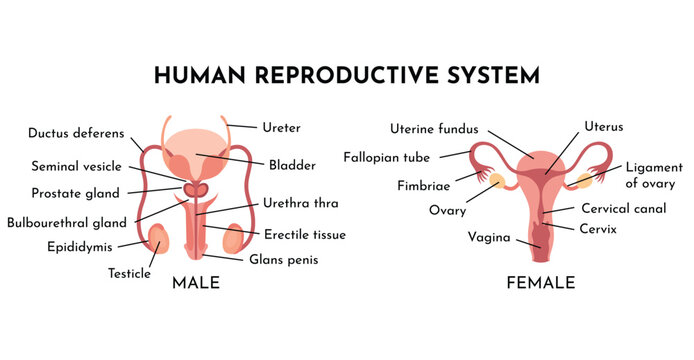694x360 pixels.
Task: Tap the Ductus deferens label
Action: [x=76, y=132]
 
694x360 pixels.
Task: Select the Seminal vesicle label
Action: [x=76, y=166]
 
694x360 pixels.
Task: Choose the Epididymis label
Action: [x=79, y=246]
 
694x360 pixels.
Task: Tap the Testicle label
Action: [x=129, y=272]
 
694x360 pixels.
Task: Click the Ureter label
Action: [x=281, y=128]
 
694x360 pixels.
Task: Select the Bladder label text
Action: [x=292, y=165]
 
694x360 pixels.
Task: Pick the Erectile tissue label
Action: [x=305, y=235]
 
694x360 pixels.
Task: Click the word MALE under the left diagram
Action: [x=196, y=283]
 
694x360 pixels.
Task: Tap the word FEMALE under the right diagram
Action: [x=541, y=283]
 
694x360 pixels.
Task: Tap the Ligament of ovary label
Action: [x=654, y=176]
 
